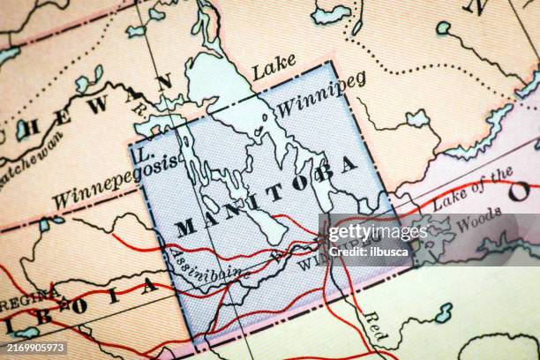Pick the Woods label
(x=479, y=221)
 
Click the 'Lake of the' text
(x=471, y=191)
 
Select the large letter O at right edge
(x=520, y=191)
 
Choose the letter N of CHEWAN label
(x=164, y=83)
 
